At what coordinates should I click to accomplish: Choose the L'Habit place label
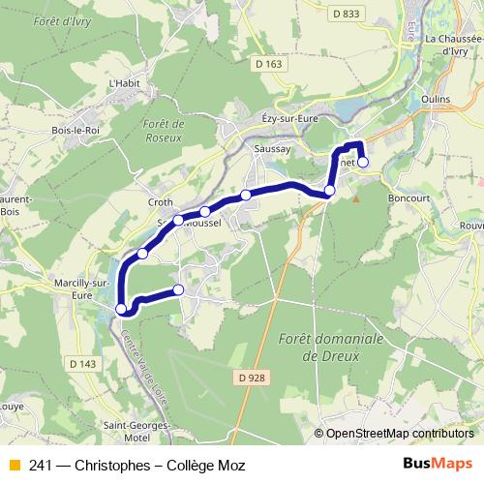pos(126,83)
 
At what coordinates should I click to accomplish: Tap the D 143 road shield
pos(83,363)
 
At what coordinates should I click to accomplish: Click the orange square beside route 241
pos(14,466)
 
